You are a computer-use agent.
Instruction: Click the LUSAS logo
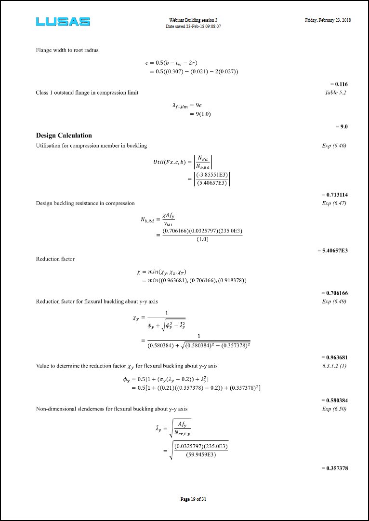[x=63, y=22]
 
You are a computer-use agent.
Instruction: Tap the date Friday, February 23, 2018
[x=328, y=20]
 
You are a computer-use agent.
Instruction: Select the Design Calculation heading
[x=64, y=136]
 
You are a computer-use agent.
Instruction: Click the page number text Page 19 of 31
[x=193, y=499]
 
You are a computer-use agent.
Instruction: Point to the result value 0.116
[x=341, y=84]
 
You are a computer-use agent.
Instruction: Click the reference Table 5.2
[x=335, y=93]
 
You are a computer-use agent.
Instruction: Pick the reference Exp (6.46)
[x=334, y=145]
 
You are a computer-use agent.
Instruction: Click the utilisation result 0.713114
[x=336, y=194]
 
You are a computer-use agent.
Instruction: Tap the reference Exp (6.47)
[x=334, y=203]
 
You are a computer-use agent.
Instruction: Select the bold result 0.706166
[x=336, y=293]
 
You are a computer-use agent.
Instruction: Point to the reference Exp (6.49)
[x=334, y=302]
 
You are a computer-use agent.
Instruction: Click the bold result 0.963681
[x=336, y=357]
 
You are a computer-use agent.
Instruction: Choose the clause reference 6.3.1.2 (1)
[x=334, y=366]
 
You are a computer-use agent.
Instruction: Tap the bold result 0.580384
[x=336, y=400]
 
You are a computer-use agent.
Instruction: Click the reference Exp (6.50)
[x=334, y=409]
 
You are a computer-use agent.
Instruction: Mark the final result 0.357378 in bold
[x=336, y=468]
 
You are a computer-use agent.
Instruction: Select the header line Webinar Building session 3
[x=193, y=20]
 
